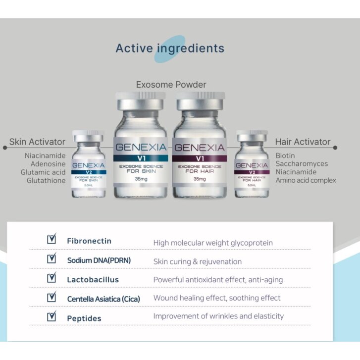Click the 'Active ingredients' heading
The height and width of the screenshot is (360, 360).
click(170, 49)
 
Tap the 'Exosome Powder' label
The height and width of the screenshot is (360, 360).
click(171, 85)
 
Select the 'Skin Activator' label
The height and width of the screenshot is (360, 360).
click(37, 142)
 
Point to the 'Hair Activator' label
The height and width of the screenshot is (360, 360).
click(303, 142)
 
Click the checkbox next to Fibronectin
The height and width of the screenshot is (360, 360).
click(51, 240)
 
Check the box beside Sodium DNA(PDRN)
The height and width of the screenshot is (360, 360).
click(51, 258)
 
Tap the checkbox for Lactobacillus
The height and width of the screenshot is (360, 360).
click(51, 278)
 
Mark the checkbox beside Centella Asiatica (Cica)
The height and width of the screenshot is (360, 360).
click(51, 297)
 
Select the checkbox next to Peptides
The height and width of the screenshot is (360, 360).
click(51, 316)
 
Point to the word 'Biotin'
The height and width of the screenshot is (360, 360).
click(285, 155)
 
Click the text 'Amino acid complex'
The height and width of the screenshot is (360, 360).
click(306, 180)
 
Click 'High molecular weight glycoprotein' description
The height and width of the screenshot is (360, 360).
click(213, 243)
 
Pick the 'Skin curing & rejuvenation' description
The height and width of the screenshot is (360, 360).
click(198, 261)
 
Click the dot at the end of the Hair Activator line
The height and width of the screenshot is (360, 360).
click(335, 148)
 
